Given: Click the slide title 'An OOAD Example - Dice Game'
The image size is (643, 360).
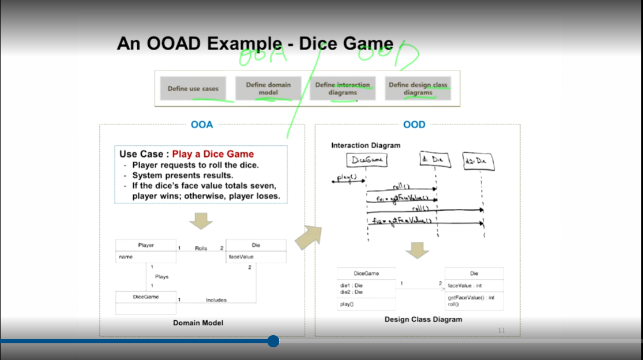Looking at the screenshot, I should [255, 44].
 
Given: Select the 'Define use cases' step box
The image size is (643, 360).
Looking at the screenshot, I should [193, 89].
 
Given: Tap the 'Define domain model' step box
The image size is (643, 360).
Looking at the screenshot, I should [268, 88].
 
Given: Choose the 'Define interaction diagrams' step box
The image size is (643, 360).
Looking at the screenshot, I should [343, 88].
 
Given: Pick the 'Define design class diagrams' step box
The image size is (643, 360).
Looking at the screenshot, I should [418, 88].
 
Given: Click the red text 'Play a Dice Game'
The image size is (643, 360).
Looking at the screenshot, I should [213, 154].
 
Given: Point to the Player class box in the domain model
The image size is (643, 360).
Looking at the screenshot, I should [146, 251].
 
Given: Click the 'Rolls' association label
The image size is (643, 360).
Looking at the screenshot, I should [201, 248].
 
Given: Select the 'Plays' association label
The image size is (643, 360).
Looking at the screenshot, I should [161, 277].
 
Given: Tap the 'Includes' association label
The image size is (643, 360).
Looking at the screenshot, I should [216, 300].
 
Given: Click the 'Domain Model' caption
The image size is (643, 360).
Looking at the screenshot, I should [198, 322].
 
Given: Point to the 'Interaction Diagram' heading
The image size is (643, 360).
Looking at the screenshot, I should [366, 145].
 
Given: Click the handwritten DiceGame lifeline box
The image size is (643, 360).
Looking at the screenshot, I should [367, 159].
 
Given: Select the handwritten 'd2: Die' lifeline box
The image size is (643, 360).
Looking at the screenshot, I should [479, 162].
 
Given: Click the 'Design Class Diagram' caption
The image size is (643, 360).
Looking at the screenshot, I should [423, 319].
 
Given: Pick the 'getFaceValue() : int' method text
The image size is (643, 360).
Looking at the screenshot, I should [471, 298].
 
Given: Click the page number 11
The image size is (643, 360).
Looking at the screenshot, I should [501, 330].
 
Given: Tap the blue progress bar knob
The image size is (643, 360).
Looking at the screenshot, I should [273, 341].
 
